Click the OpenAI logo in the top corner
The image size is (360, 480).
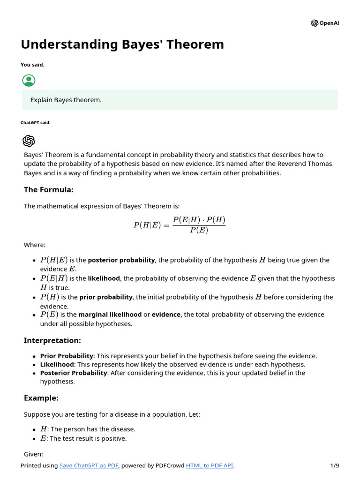point(324,23)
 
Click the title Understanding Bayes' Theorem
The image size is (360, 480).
point(122,45)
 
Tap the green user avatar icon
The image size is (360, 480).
point(29,80)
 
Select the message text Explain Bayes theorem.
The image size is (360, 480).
point(66,100)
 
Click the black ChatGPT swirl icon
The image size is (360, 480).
point(29,141)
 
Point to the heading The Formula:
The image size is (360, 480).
point(49,189)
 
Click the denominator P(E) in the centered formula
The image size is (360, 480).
point(199,230)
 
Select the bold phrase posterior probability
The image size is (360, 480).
point(121,260)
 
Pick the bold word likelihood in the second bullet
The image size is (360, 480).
point(104,278)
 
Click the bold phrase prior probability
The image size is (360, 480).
point(106,297)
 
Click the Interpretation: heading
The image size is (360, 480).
point(52,340)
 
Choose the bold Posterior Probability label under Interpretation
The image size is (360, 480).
point(74,373)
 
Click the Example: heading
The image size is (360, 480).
point(41,398)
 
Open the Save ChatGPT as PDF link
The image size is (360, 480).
point(89,465)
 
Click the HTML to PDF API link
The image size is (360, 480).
point(210,465)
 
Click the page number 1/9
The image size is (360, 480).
point(334,465)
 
